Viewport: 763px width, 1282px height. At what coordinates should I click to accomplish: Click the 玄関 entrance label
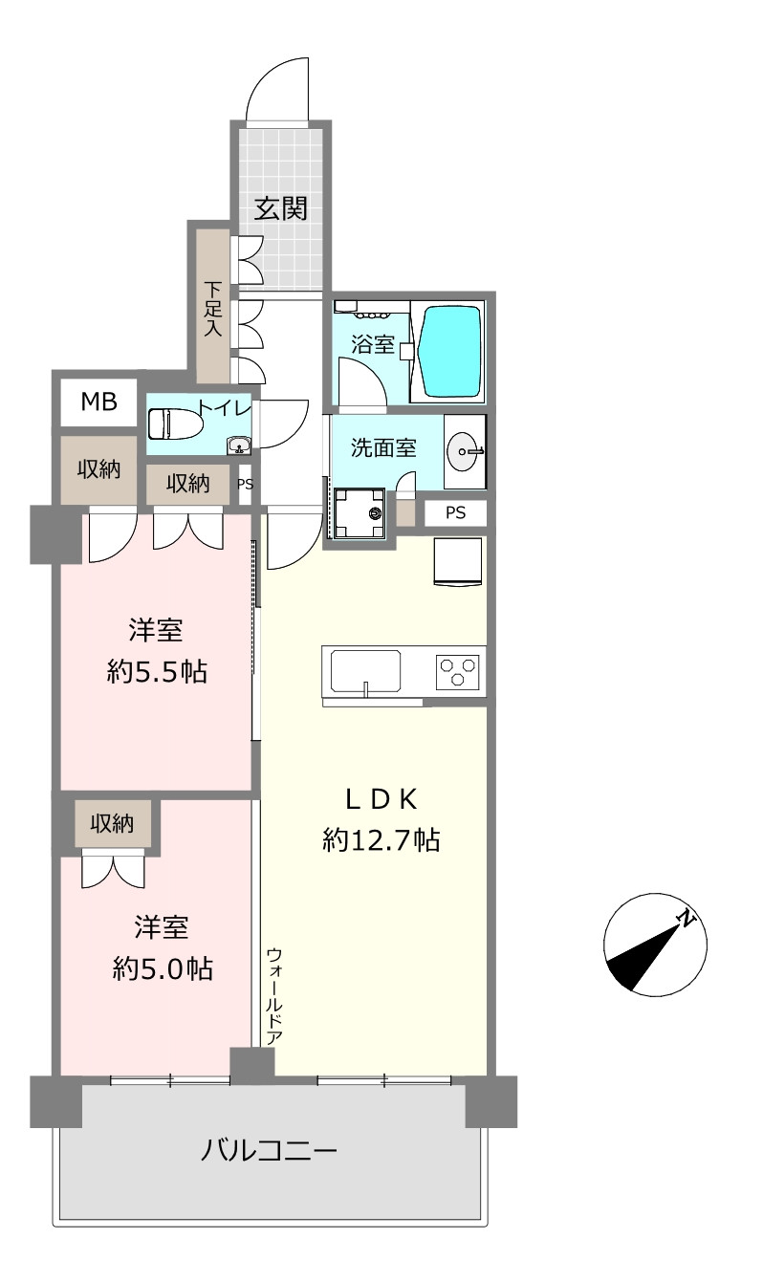[x=280, y=208]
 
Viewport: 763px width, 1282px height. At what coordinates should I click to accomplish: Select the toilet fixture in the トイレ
[x=175, y=424]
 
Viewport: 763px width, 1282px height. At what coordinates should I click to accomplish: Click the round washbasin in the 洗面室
[x=465, y=451]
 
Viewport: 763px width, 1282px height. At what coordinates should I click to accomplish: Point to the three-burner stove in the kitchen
[x=457, y=671]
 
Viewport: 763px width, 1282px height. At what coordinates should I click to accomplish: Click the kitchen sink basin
[x=365, y=669]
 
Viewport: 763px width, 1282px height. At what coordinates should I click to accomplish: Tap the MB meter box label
[x=99, y=402]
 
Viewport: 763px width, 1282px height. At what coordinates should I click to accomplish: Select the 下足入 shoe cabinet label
[x=212, y=309]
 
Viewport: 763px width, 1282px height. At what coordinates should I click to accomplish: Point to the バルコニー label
[x=269, y=1149]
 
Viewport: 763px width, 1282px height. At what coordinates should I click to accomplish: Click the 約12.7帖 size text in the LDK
[x=381, y=840]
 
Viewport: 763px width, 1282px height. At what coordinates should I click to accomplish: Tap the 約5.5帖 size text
[x=157, y=671]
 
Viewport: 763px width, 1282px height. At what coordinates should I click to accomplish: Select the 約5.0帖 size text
[x=163, y=969]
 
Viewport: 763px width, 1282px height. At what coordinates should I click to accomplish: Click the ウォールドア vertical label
[x=274, y=996]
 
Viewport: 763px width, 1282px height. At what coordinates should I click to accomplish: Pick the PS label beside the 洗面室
[x=456, y=512]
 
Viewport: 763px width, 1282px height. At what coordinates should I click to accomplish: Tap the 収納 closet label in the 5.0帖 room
[x=112, y=823]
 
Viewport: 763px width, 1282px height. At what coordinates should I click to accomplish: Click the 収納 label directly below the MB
[x=99, y=470]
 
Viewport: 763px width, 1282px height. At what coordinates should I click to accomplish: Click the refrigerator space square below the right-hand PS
[x=458, y=562]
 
